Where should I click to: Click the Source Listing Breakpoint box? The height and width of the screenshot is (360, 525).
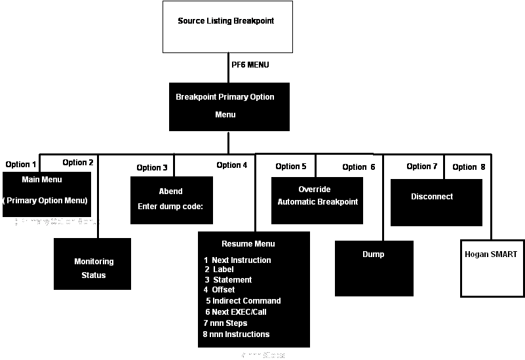coord(227,27)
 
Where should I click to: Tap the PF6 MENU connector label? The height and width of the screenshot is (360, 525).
coord(250,65)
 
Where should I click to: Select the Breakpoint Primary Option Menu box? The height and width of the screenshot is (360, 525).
coord(229,106)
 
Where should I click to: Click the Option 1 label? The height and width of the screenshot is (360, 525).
coord(22,165)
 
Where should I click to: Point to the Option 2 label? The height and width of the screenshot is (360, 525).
coord(78,163)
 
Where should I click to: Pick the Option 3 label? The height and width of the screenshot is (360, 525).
coord(152,168)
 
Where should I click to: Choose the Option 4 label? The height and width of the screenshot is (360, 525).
coord(232,165)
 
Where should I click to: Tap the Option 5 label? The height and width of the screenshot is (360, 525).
coord(291,167)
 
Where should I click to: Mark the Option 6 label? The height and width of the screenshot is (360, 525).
coord(359,167)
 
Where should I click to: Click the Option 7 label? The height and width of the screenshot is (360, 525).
coord(421,167)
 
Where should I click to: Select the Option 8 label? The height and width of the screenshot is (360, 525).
coord(469,167)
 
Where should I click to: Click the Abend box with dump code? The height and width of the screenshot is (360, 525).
coord(170,200)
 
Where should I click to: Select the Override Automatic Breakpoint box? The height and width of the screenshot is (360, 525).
coord(317,196)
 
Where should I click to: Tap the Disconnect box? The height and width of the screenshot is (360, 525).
coord(437,202)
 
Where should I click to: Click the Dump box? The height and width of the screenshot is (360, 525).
coord(374,268)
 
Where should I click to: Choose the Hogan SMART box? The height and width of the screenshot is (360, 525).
coord(491,268)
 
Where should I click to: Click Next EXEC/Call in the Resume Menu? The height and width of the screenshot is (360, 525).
coord(238,312)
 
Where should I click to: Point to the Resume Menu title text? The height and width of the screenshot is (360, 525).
coord(248,244)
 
